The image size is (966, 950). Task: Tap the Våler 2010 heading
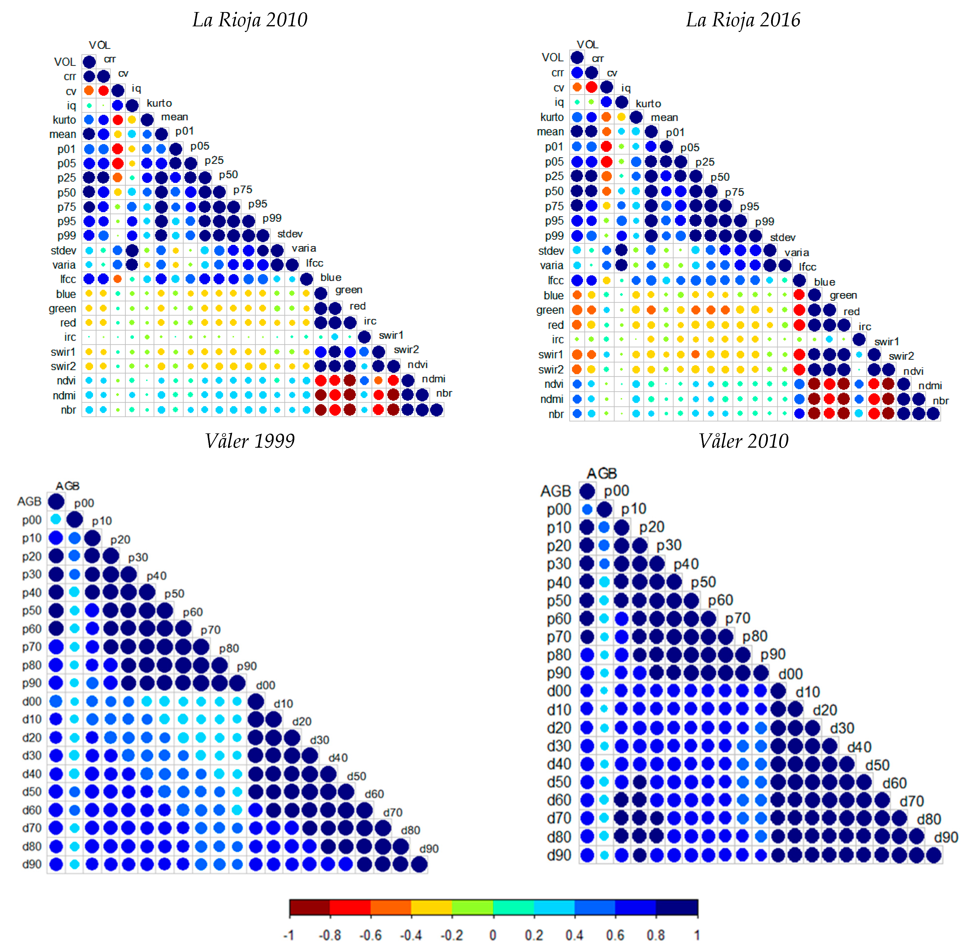pyautogui.click(x=743, y=441)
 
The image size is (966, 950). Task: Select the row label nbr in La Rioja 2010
pyautogui.click(x=68, y=410)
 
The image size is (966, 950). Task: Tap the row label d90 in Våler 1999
pyautogui.click(x=32, y=864)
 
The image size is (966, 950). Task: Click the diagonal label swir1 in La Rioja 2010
pyautogui.click(x=391, y=335)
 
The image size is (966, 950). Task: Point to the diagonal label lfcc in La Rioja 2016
pyautogui.click(x=807, y=267)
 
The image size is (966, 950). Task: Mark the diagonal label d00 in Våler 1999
pyautogui.click(x=266, y=685)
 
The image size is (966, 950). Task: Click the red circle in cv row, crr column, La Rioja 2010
pyautogui.click(x=103, y=90)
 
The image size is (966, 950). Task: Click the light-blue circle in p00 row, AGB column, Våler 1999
pyautogui.click(x=56, y=519)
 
